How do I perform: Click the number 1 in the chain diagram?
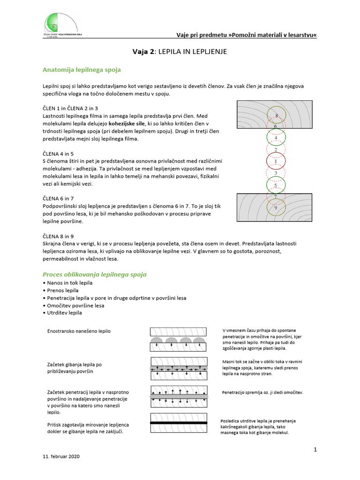(276, 162)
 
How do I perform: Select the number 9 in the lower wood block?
(276, 207)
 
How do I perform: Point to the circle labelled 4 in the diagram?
(276, 138)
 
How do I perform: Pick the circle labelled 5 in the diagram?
(276, 186)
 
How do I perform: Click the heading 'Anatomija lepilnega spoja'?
(82, 70)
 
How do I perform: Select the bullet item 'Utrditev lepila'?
(64, 313)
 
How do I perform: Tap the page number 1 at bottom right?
(315, 450)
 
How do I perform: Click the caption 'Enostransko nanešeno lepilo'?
(79, 331)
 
